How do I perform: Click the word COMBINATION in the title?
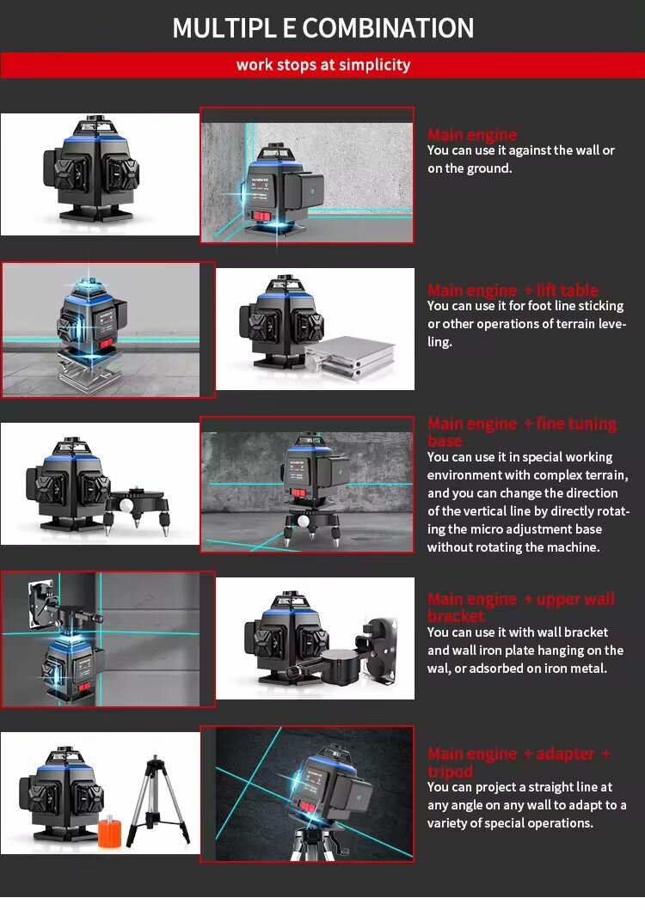388,27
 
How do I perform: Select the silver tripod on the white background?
158,799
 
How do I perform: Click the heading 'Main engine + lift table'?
513,290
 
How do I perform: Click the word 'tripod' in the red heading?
450,772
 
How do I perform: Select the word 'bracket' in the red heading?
455,616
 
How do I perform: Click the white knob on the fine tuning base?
125,505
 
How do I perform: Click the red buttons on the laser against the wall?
261,217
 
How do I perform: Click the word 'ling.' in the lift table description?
439,342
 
